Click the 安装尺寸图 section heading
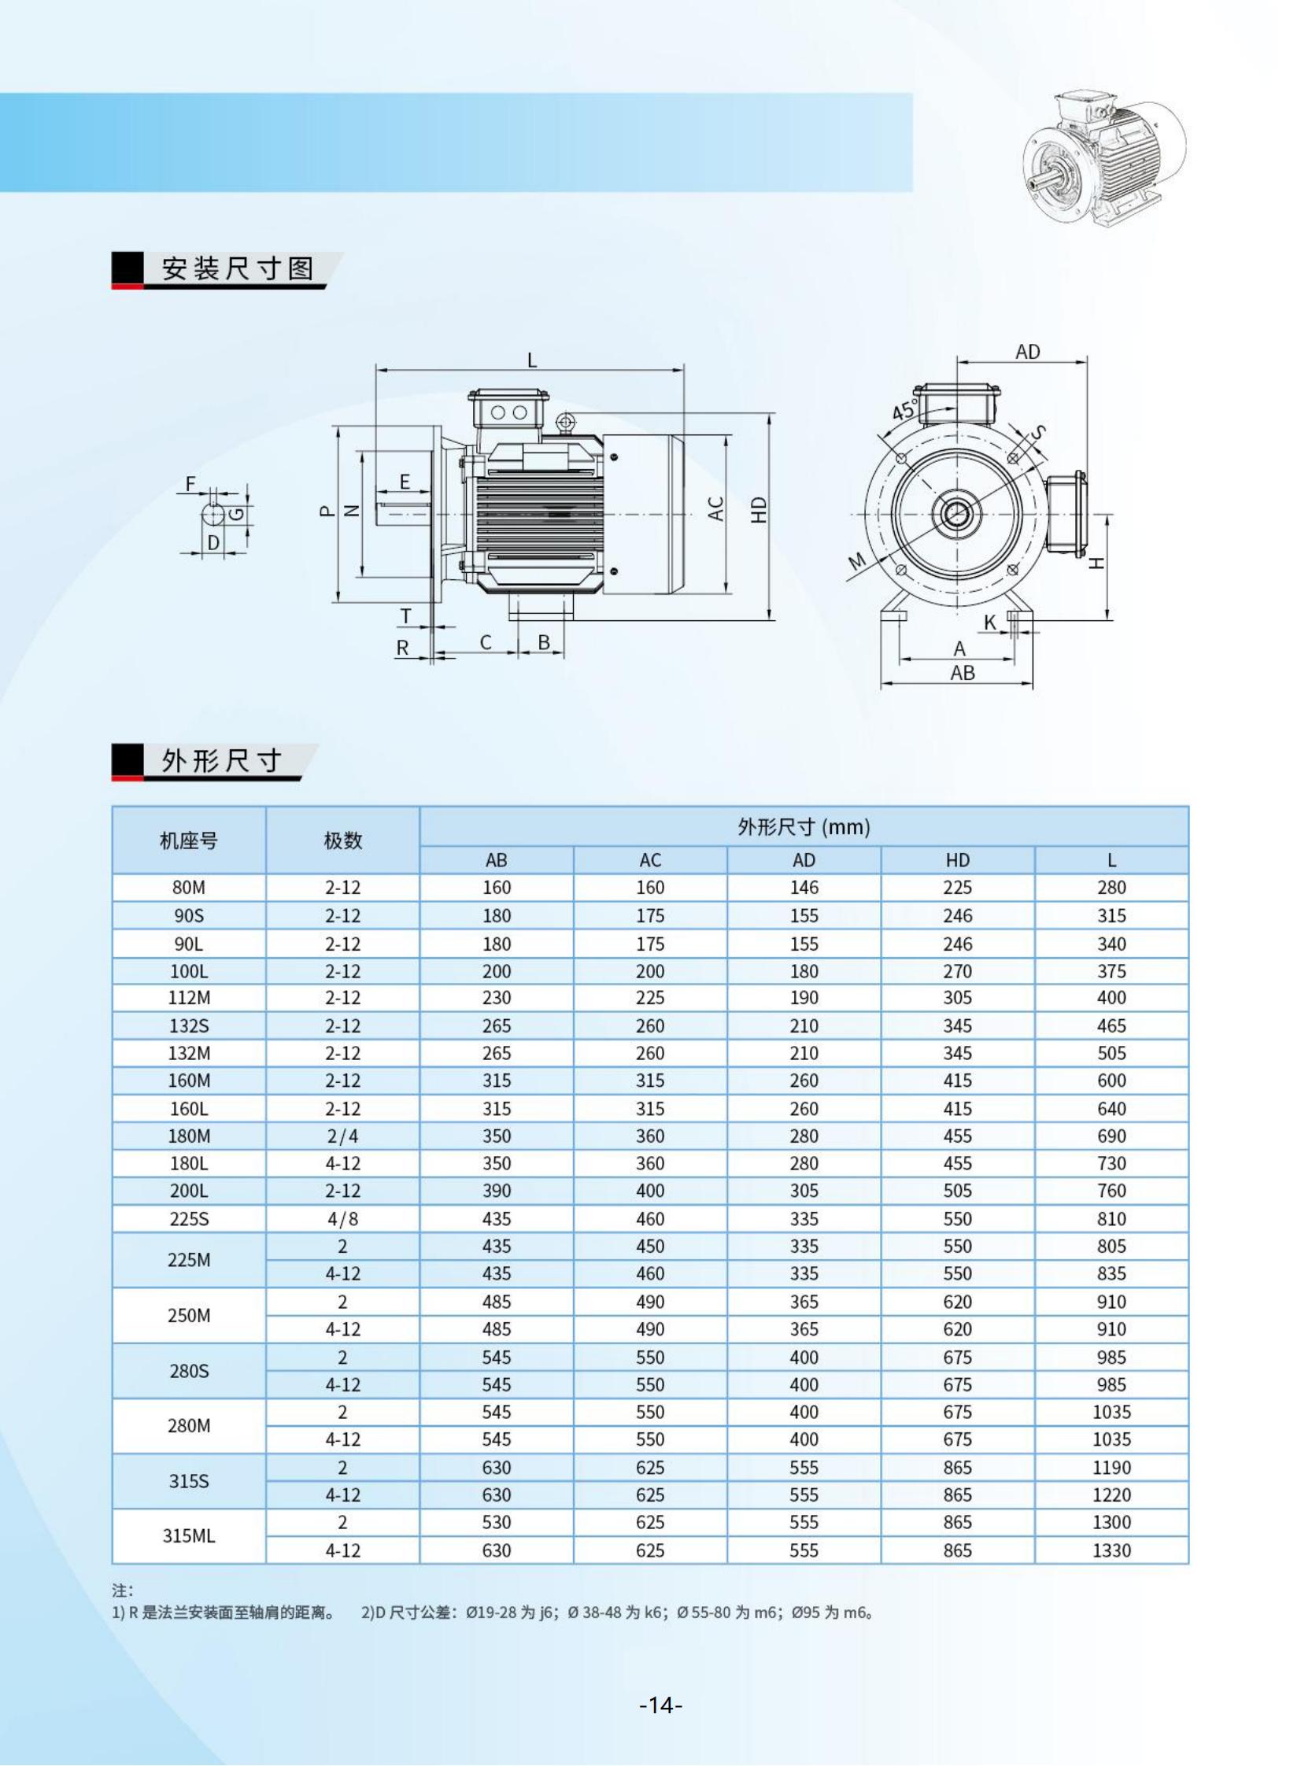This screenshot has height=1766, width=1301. coord(237,268)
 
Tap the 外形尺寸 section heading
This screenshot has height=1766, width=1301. coord(221,760)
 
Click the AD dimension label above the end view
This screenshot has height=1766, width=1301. coord(1027,351)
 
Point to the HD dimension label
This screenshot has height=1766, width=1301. coord(759,509)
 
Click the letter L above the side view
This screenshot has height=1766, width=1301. coord(531,360)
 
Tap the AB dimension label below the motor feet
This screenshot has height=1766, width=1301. coord(963,673)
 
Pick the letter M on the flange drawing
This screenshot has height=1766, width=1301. coord(857,561)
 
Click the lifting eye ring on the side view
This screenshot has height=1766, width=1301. coord(564,423)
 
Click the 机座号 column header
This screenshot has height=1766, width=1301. coord(189,841)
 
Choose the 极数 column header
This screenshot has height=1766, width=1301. coord(342,841)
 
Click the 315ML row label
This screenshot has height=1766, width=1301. coord(189,1535)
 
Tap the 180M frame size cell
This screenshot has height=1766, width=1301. coord(189,1136)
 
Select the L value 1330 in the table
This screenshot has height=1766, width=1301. coord(1111,1550)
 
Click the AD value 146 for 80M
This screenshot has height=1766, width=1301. coord(804,888)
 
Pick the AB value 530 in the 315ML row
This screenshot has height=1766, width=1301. coord(496,1522)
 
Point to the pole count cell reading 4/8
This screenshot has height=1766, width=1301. coord(342,1219)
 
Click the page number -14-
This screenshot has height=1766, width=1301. coord(660,1705)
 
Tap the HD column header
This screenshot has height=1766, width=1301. coord(958,859)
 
